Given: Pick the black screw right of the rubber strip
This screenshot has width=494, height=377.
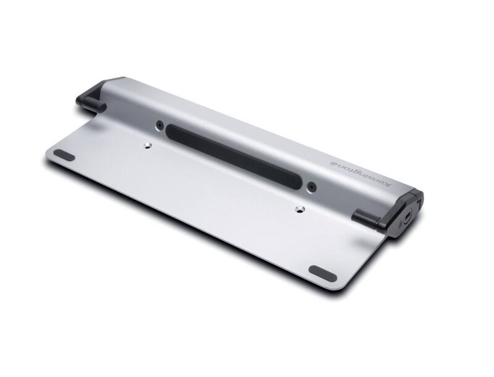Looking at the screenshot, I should (313, 185).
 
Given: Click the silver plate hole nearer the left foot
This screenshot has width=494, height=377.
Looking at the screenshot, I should (147, 146).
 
